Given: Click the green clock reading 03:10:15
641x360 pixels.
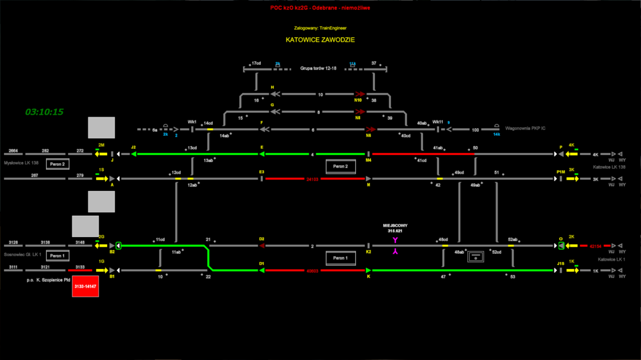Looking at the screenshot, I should point(44,112).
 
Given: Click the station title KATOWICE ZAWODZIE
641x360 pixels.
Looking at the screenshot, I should point(320,40).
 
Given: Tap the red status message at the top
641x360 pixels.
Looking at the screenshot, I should point(320,8).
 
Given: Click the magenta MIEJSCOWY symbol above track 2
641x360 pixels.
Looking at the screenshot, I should point(395,240).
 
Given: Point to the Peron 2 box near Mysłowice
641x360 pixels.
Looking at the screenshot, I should point(57,164).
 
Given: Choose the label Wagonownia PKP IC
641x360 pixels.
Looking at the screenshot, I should point(524,129).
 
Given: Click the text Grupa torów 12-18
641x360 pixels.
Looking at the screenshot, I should point(318,68).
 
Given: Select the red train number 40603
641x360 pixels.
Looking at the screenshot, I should point(312,270).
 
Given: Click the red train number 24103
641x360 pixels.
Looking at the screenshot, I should point(312,179).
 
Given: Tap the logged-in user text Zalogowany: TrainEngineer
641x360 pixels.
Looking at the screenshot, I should point(320,28).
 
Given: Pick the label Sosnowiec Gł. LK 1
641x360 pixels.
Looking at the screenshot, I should point(22,255).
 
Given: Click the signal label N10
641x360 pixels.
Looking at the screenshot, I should point(358,100).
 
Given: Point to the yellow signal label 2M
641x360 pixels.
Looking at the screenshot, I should point(101,145).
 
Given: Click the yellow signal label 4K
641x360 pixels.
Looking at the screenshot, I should point(572,145).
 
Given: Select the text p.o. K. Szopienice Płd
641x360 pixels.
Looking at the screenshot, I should point(48,280).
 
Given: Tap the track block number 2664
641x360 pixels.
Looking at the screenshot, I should point(12,151).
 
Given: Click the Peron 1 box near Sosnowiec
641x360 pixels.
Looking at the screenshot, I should point(57,256).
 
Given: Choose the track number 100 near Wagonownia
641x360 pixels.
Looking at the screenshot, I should point(475,130).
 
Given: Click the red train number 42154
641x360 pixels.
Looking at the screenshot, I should point(595,245).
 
